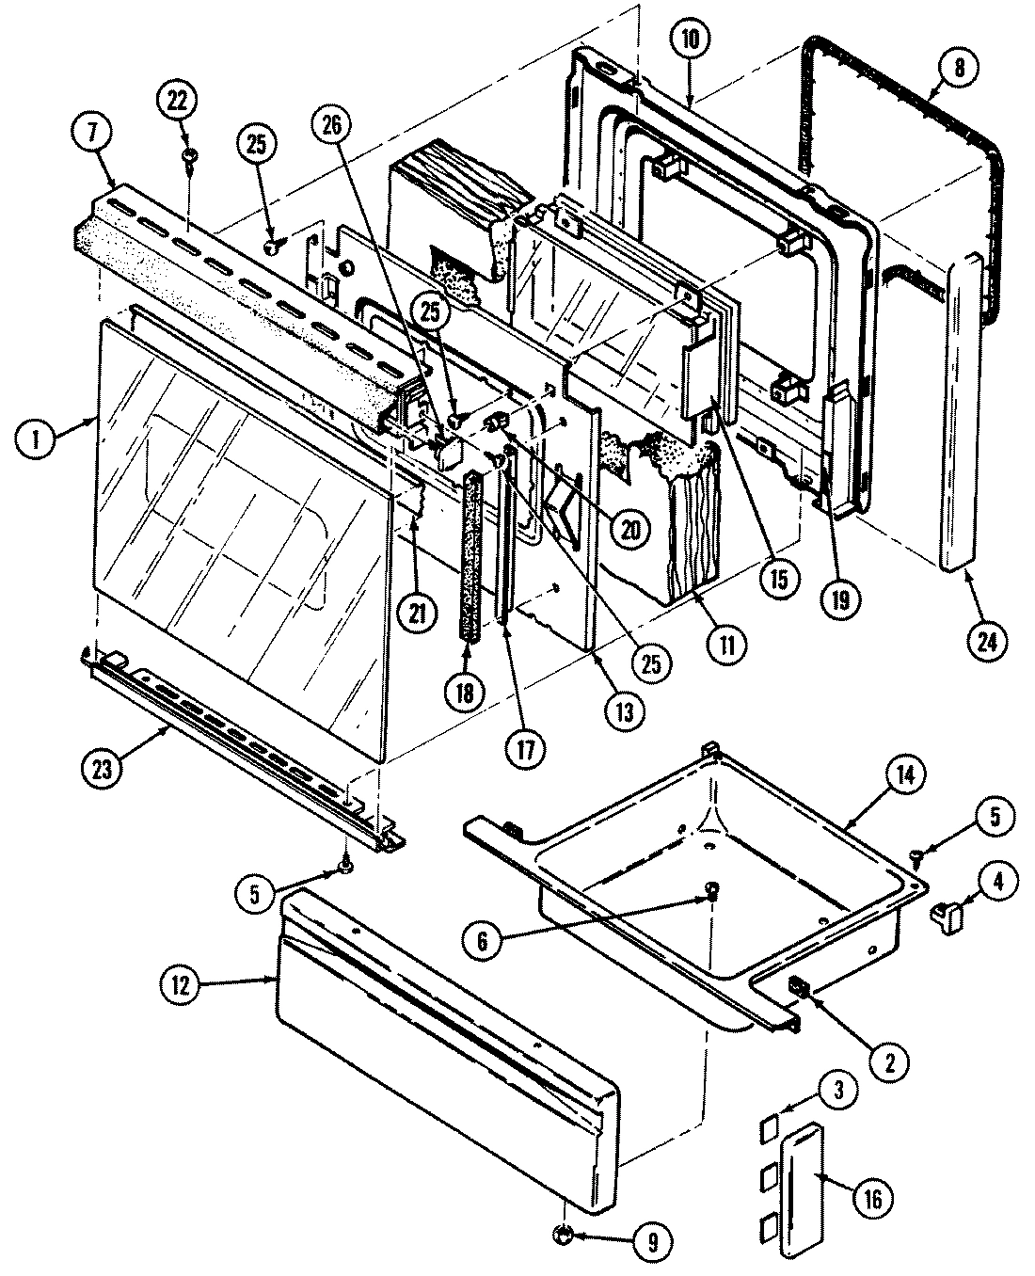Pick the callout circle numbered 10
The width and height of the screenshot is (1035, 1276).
(x=691, y=40)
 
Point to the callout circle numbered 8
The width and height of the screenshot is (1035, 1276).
(x=957, y=68)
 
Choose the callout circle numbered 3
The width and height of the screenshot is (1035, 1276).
(x=840, y=1091)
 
